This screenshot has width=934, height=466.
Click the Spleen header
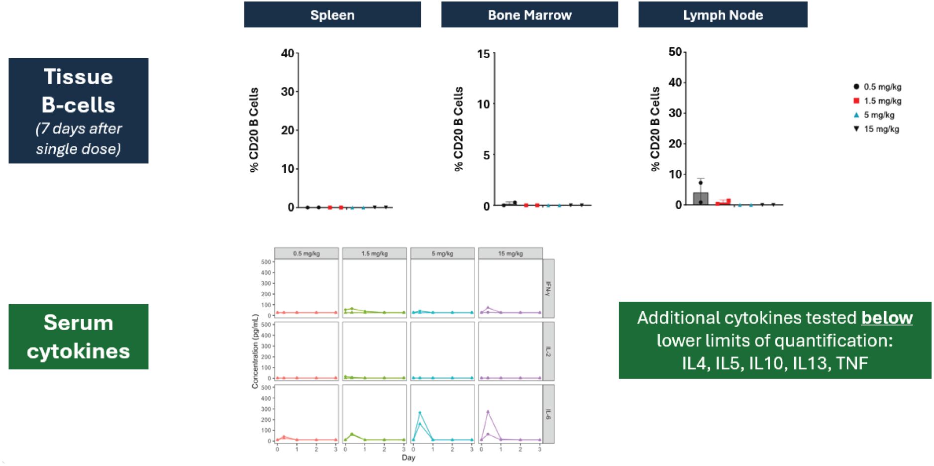[332, 15]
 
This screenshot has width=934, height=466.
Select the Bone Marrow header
[529, 15]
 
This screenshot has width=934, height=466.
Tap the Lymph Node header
[723, 15]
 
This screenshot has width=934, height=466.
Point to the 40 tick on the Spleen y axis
[288, 53]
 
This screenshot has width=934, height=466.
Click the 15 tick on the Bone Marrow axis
[483, 54]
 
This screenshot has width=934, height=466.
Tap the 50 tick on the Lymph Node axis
[675, 52]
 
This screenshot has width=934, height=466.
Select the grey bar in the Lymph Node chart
[700, 199]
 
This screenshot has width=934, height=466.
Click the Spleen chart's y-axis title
[254, 130]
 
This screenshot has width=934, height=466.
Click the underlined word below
[887, 318]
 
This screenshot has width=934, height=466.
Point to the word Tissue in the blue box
[78, 77]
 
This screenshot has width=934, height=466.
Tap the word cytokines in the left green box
[78, 351]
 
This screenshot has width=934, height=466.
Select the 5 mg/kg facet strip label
[442, 253]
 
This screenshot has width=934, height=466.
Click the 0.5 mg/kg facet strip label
[306, 253]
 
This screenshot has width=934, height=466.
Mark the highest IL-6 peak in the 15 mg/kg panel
[488, 412]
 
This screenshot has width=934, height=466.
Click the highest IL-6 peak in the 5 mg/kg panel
[420, 413]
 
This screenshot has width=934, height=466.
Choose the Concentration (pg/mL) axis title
[255, 351]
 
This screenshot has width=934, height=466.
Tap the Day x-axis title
[408, 458]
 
